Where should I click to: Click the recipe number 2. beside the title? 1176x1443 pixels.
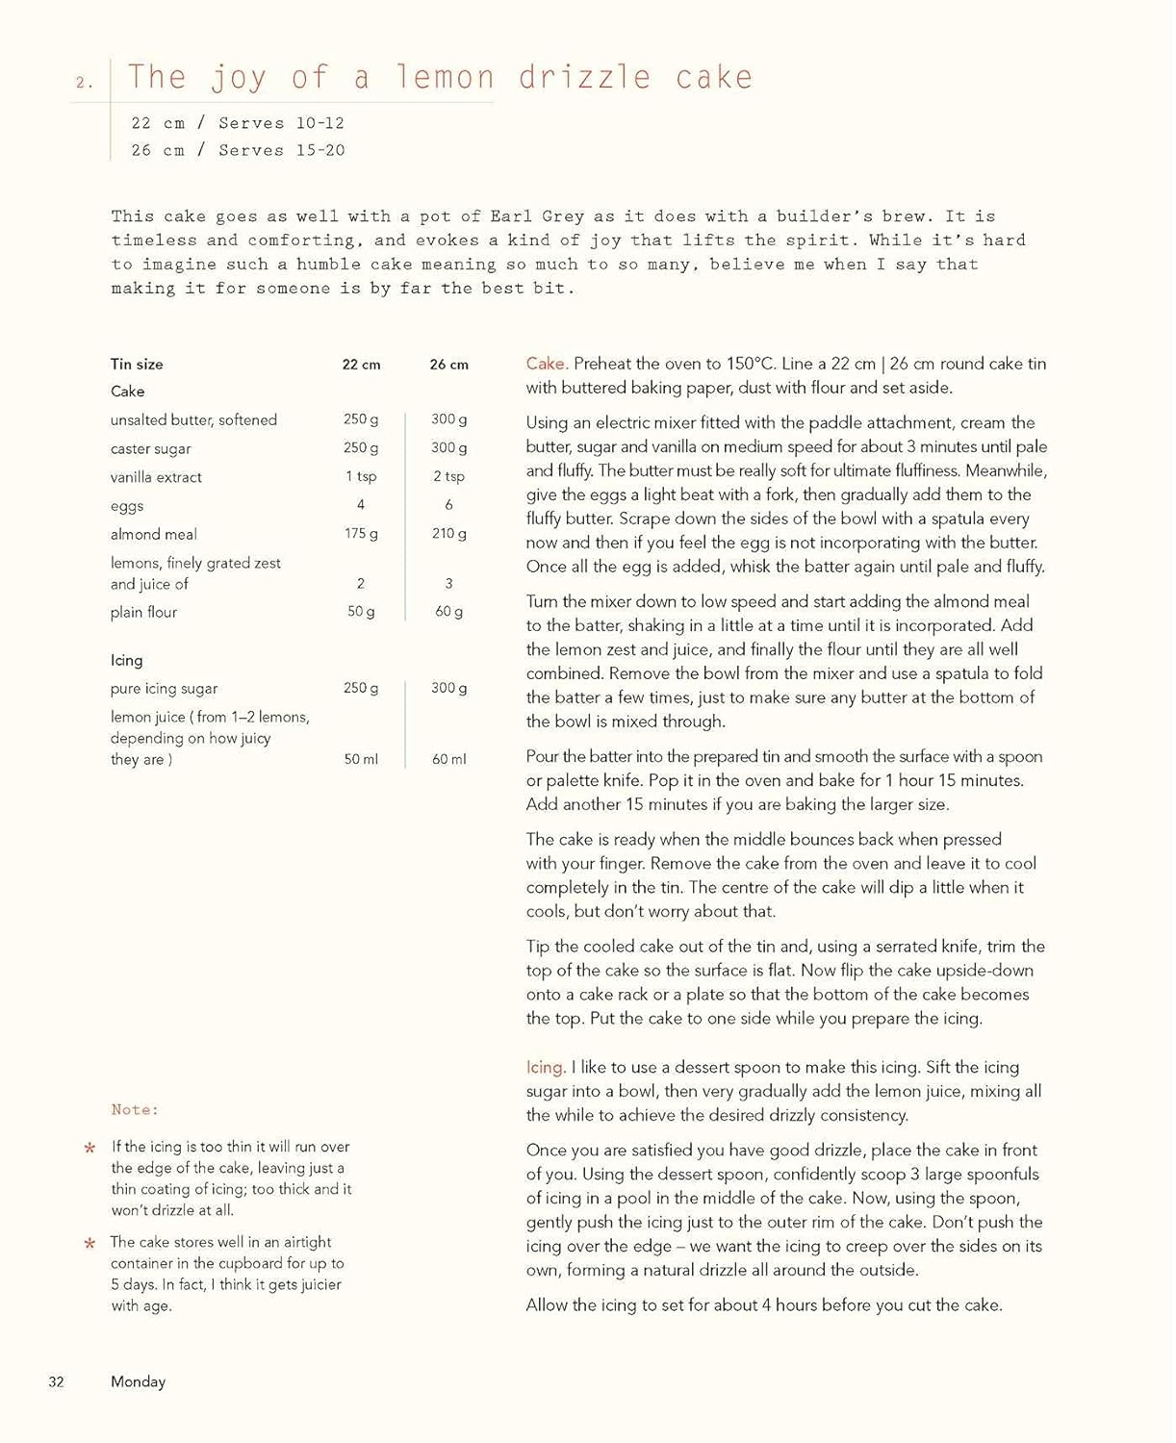point(85,83)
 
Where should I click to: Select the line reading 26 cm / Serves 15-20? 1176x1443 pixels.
point(238,150)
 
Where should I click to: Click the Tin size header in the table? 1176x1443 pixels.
point(137,364)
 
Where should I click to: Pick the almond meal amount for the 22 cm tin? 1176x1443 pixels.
point(361,533)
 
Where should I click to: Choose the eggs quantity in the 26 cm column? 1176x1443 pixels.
point(448,504)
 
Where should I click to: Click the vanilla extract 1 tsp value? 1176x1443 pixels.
point(361,476)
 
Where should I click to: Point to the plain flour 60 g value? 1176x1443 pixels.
point(448,611)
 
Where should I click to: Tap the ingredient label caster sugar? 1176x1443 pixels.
point(150,448)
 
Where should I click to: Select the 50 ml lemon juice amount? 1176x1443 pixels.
point(361,759)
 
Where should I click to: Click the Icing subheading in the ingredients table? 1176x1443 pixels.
point(126,660)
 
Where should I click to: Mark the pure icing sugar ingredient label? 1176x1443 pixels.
point(164,688)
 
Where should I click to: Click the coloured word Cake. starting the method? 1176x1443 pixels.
point(547,364)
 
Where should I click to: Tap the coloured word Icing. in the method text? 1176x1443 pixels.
point(546,1067)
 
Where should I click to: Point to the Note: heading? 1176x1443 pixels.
point(135,1109)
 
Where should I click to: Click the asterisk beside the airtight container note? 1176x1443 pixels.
point(89,1244)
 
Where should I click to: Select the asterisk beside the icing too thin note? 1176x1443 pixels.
point(89,1148)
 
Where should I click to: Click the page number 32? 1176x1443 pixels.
point(57,1381)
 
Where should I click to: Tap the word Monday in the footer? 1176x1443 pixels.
point(138,1381)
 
